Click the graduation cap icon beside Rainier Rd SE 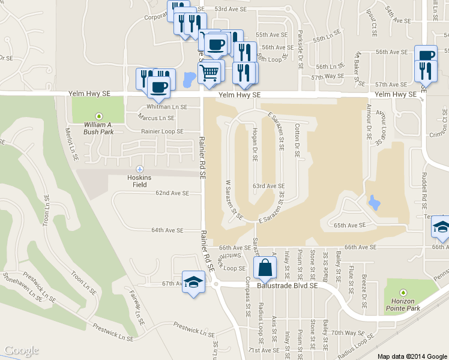tap(194, 283)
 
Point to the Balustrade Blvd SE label tap(288, 286)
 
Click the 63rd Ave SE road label tap(268, 186)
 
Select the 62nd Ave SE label tap(172, 193)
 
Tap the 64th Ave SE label tap(167, 230)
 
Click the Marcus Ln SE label tap(156, 117)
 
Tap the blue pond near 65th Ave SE tap(374, 203)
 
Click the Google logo tap(21, 351)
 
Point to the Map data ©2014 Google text tap(412, 356)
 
